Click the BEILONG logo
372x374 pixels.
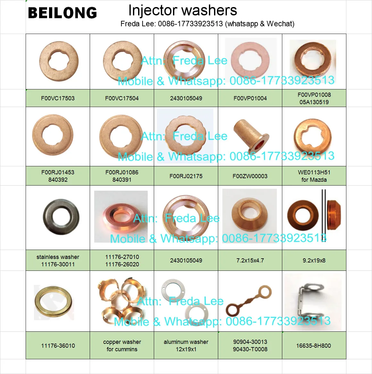click(62, 12)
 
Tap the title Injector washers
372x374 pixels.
click(183, 10)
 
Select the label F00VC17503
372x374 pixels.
click(58, 98)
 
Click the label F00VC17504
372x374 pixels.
click(122, 98)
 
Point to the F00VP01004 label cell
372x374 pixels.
click(250, 98)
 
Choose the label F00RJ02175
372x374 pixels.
click(186, 176)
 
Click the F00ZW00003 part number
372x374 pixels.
click(250, 176)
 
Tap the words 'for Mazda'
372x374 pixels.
click(314, 180)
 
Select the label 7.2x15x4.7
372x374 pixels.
click(250, 261)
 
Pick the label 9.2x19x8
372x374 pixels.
click(314, 261)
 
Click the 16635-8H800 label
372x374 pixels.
click(314, 346)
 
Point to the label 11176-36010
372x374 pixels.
click(58, 346)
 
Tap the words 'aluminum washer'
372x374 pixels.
click(186, 342)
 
